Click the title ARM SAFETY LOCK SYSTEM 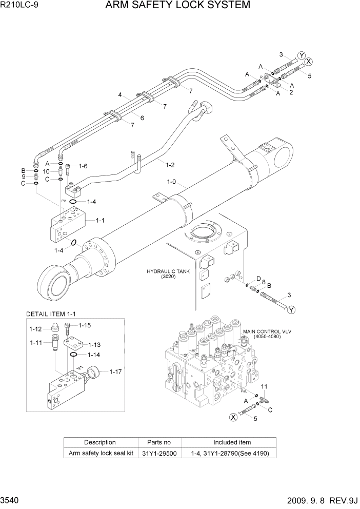coord(177,6)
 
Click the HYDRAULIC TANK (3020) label coord(168,273)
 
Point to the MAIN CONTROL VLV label coord(267,332)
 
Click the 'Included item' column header coord(232,442)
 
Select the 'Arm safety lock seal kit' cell coord(100,453)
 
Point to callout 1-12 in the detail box coord(36,329)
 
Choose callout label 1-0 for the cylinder coord(171,182)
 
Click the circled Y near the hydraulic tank coord(292,309)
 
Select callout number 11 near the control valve coord(265,386)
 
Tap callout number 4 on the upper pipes coord(119,95)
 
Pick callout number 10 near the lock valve coord(46,171)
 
